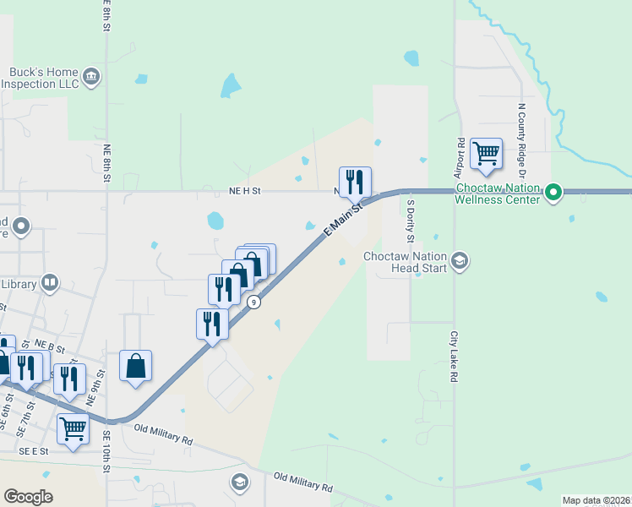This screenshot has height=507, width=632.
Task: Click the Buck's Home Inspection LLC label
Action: coord(43,78)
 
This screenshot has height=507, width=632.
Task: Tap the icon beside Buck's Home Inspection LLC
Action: coord(91,79)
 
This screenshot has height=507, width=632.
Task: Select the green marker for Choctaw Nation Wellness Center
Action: coord(553,193)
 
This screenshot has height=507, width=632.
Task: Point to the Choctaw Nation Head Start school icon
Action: coord(460,260)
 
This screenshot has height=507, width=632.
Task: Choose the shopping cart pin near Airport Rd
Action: coord(486,154)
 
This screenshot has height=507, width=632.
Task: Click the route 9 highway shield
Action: coord(253,301)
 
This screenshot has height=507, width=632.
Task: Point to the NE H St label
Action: coord(245,191)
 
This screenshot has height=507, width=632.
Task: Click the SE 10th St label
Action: coord(107,451)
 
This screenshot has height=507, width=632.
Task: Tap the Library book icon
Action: coord(50,283)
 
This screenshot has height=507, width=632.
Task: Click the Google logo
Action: coord(28,497)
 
